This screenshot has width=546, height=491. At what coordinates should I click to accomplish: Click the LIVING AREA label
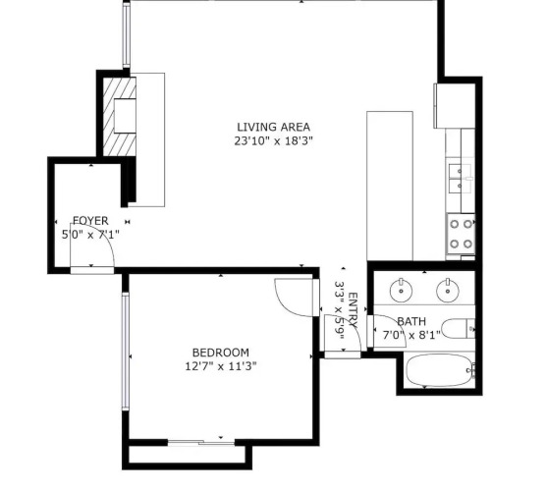point(273,127)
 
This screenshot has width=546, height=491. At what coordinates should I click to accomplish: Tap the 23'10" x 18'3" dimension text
point(273,141)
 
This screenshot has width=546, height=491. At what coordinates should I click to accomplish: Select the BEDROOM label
point(221,353)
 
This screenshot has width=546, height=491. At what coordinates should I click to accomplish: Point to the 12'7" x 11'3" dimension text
point(221,366)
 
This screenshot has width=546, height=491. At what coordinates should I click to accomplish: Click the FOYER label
point(90,221)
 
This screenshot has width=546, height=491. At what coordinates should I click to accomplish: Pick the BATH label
point(411,321)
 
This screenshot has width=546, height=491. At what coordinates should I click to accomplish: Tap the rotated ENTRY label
point(353,310)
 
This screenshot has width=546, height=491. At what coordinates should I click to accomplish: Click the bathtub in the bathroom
point(439,370)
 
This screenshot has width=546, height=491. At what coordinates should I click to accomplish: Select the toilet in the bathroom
point(458,329)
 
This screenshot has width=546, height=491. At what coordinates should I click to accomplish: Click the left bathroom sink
point(401,290)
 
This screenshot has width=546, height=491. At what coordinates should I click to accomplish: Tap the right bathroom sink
point(448,290)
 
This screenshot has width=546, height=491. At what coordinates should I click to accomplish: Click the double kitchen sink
point(460,178)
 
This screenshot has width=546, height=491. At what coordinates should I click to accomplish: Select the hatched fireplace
point(120,117)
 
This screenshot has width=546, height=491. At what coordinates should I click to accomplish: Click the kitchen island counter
point(390,186)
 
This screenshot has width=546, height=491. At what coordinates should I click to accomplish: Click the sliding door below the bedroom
point(201,443)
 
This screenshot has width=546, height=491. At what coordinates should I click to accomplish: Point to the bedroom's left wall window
point(126,351)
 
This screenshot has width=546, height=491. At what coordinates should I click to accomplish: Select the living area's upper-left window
point(127,34)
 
